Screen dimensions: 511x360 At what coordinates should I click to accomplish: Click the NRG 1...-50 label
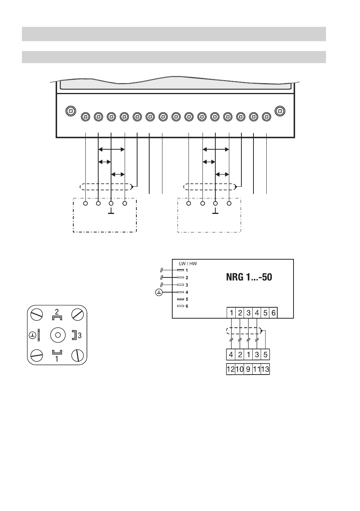pyautogui.click(x=249, y=277)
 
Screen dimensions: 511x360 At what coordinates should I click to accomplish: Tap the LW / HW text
pyautogui.click(x=188, y=263)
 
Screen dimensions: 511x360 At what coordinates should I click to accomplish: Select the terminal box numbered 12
pyautogui.click(x=231, y=369)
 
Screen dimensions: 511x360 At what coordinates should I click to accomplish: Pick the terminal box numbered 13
pyautogui.click(x=265, y=369)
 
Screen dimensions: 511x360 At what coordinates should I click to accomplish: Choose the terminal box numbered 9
pyautogui.click(x=248, y=369)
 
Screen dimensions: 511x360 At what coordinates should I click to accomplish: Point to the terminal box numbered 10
pyautogui.click(x=239, y=369)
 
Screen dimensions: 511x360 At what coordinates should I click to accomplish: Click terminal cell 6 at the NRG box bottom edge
pyautogui.click(x=273, y=313)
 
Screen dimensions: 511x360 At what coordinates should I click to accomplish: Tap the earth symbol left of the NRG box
pyautogui.click(x=159, y=293)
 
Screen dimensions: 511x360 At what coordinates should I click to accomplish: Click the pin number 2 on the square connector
pyautogui.click(x=57, y=312)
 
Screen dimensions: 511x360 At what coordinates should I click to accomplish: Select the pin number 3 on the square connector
pyautogui.click(x=80, y=335)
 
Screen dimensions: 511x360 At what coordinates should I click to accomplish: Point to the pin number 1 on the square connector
pyautogui.click(x=57, y=359)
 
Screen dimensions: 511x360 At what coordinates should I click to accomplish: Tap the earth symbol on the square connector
pyautogui.click(x=33, y=335)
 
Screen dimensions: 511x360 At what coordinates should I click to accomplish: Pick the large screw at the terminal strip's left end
pyautogui.click(x=70, y=111)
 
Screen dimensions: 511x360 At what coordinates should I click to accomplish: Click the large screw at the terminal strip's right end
pyautogui.click(x=280, y=111)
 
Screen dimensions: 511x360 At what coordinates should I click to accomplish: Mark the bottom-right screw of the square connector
pyautogui.click(x=77, y=355)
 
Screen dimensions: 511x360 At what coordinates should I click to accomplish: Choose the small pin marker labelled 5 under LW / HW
pyautogui.click(x=181, y=299)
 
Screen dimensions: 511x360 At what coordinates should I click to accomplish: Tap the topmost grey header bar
pyautogui.click(x=174, y=34)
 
